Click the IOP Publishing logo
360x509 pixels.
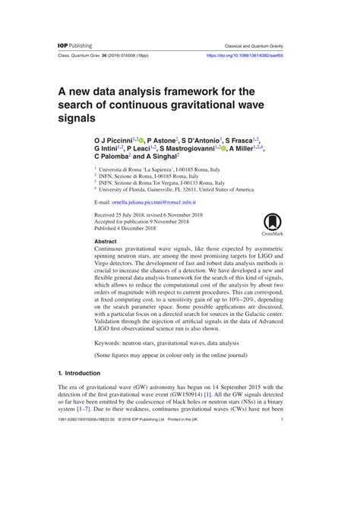pyautogui.click(x=75, y=46)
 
